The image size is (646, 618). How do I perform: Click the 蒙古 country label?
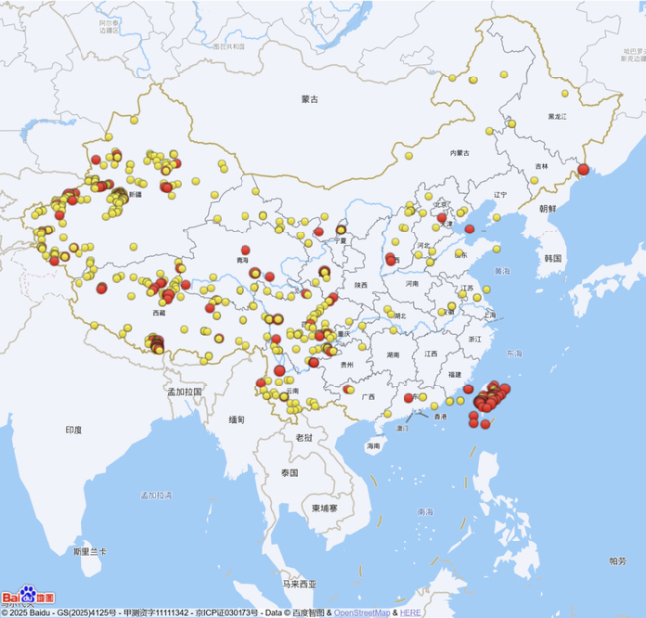[x=311, y=99]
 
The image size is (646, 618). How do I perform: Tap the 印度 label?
[x=74, y=429]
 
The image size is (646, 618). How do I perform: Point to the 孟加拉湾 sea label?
[x=156, y=494]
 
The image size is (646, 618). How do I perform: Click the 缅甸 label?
[x=237, y=419]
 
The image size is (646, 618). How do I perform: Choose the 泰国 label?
[x=289, y=472]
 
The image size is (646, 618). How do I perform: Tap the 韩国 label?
[x=553, y=258]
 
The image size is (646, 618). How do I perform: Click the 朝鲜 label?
[x=549, y=209]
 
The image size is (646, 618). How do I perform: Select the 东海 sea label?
[x=514, y=353]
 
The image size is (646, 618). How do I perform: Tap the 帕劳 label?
[x=617, y=561]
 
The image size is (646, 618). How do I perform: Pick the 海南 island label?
[x=373, y=446]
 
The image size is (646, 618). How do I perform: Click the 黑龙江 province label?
[x=557, y=116]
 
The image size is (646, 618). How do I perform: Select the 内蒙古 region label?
[x=458, y=153]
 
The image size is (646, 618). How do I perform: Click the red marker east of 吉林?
[x=583, y=169]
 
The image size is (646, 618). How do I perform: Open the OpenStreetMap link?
[x=362, y=612]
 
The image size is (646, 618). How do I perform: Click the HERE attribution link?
[x=410, y=612]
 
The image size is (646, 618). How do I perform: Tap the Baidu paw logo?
[x=27, y=596]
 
